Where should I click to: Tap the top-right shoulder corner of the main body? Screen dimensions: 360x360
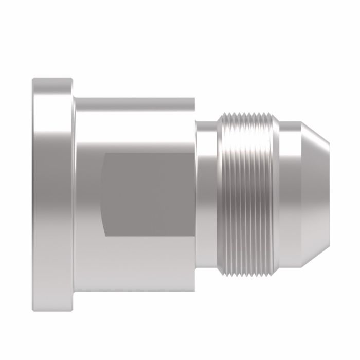coord(194,96)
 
